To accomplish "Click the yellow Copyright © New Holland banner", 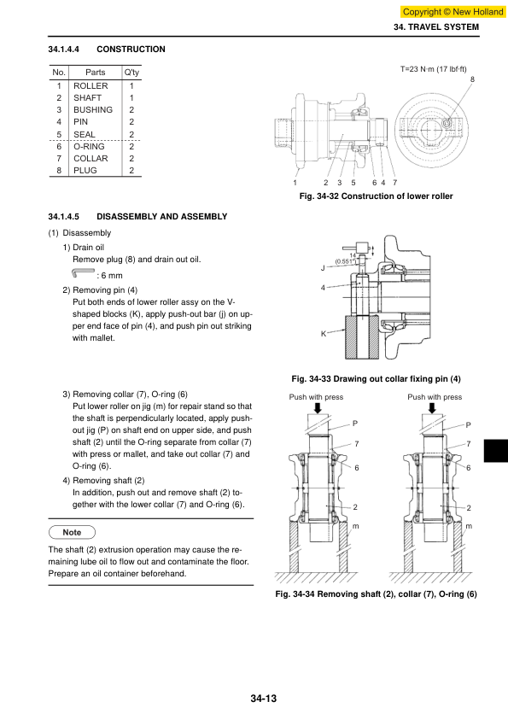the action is [x=453, y=12].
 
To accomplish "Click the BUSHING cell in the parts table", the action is [x=93, y=110].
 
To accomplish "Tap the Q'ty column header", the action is [x=131, y=73].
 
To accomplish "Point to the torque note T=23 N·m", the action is [x=433, y=69].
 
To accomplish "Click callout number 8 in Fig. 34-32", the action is [x=472, y=79].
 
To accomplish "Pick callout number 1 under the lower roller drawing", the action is [x=295, y=183].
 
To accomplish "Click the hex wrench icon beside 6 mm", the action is [x=83, y=273].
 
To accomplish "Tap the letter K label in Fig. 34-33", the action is [x=324, y=334].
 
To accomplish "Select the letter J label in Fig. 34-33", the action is [x=323, y=268].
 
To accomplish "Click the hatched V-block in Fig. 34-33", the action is [x=362, y=337].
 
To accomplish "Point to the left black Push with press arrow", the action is [x=317, y=407].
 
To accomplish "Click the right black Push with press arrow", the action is [x=432, y=407].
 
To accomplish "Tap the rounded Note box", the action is [x=72, y=532].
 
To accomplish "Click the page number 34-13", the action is [x=264, y=699].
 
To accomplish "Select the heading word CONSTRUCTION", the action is [x=131, y=50].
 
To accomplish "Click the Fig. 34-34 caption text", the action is [x=376, y=594].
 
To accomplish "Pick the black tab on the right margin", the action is [x=496, y=451].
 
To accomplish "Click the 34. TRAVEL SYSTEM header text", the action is [x=436, y=27].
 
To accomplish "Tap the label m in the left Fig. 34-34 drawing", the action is [x=355, y=526].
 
